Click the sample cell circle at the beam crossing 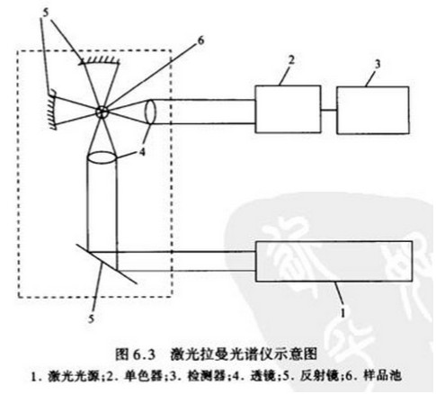(x=102, y=112)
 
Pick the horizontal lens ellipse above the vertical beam (x=102, y=157)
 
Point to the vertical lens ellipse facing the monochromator (x=150, y=112)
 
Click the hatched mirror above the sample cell (x=99, y=61)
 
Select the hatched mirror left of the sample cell (x=53, y=110)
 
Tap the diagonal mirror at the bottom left (x=105, y=264)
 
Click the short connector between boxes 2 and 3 (x=329, y=110)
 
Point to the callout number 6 (x=200, y=40)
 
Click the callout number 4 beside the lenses (x=142, y=152)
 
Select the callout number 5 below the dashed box (x=91, y=318)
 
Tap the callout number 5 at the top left (x=45, y=13)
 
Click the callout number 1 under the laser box (x=343, y=313)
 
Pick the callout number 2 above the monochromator (x=291, y=60)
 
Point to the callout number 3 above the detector (x=378, y=64)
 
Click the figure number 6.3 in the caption (x=144, y=354)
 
